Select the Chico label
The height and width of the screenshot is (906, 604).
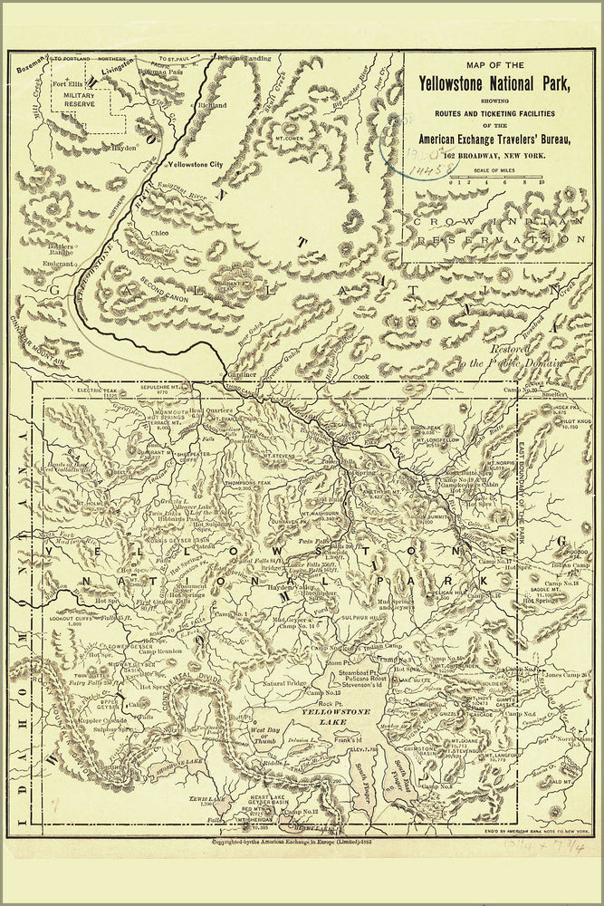click(x=160, y=233)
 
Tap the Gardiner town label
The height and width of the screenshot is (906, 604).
click(x=242, y=374)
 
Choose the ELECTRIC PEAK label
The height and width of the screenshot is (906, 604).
click(x=98, y=391)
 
